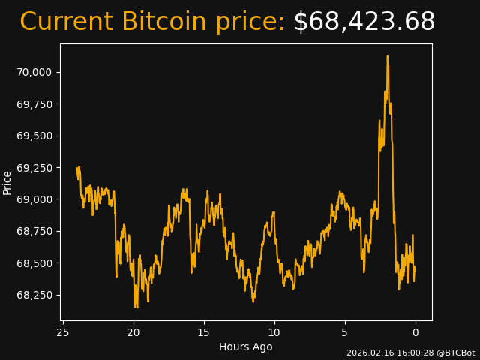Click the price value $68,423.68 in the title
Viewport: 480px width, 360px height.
point(364,22)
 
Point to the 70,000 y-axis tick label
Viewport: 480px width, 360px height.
point(34,72)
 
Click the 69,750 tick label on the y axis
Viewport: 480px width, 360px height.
point(34,104)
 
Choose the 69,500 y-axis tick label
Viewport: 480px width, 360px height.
point(34,136)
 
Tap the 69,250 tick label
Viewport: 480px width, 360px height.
point(34,168)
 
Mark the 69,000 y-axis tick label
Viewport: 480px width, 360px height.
point(34,199)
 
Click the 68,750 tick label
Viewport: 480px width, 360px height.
point(34,231)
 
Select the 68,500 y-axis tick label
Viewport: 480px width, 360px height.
point(34,263)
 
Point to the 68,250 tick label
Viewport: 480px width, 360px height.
point(34,295)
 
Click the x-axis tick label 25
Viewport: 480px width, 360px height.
point(63,332)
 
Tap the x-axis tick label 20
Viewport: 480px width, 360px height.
point(133,332)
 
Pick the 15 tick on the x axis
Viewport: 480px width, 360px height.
point(204,332)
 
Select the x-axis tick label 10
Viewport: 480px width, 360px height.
point(274,332)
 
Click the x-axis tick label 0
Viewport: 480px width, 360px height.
point(415,332)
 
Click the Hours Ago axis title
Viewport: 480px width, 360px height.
point(246,346)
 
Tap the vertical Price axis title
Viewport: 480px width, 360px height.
point(7,182)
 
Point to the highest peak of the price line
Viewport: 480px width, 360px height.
point(387,55)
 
